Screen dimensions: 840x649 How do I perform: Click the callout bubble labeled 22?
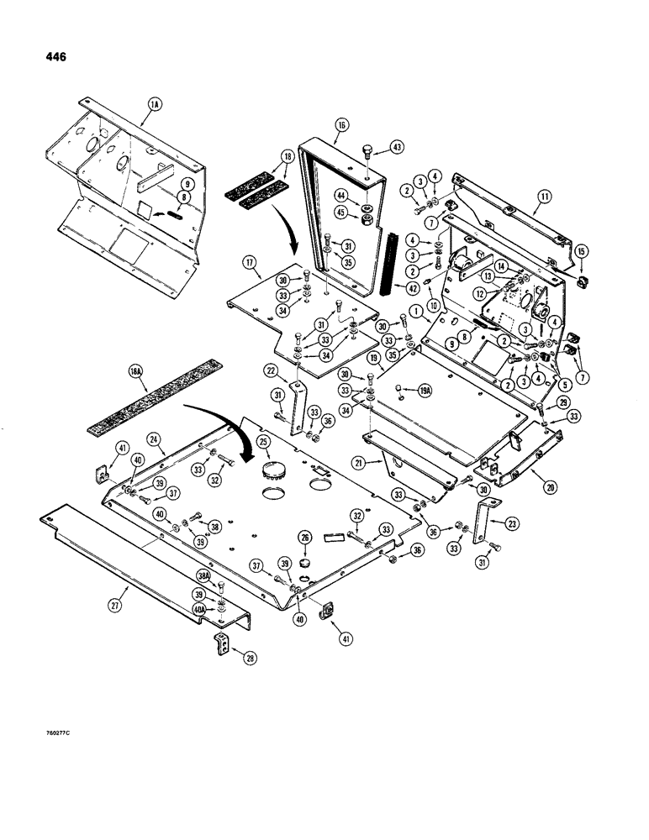[271, 371]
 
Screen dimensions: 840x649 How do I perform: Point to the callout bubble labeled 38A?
[202, 576]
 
